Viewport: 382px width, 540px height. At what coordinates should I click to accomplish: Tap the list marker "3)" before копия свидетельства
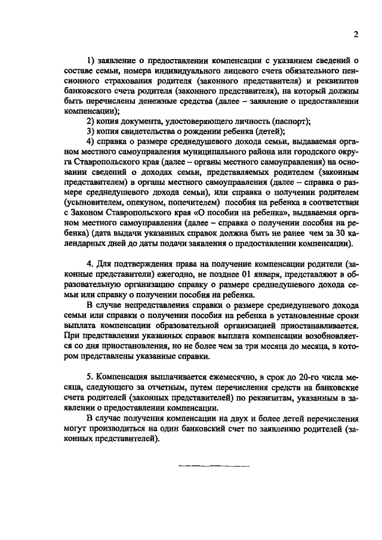click(91, 131)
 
